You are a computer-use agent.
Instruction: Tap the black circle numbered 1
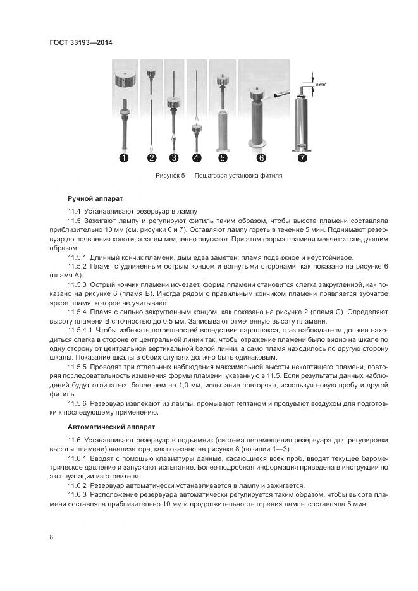[x=125, y=158]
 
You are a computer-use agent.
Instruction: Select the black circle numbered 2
[x=152, y=158]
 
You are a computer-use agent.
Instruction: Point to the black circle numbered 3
[x=173, y=158]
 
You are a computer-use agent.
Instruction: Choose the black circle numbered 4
[x=197, y=158]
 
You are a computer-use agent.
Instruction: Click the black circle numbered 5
[x=222, y=158]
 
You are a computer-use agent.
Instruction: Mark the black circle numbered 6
[x=261, y=158]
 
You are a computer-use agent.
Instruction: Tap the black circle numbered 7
[x=302, y=158]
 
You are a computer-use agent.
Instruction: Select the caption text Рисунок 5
[x=169, y=176]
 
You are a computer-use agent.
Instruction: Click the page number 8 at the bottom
[x=51, y=537]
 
